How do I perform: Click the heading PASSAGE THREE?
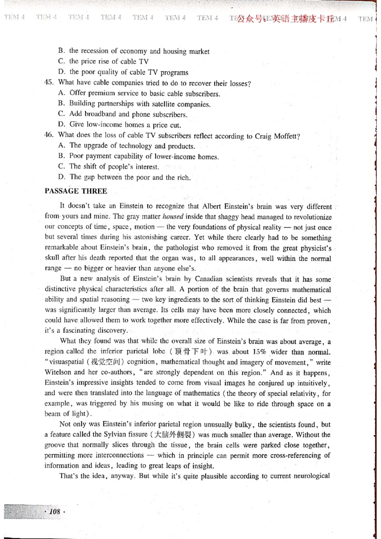(76, 191)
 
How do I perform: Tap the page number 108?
(55, 512)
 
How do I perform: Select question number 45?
(49, 83)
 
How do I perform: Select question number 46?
(49, 136)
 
